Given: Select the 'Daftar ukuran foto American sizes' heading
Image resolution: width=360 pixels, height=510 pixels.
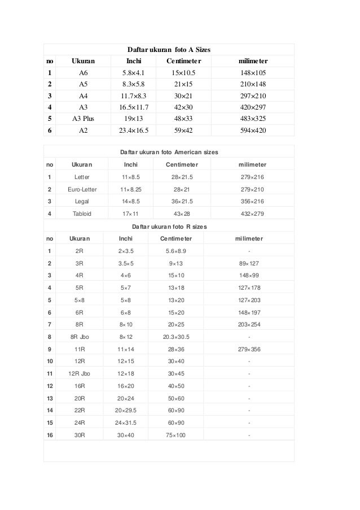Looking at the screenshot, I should click(x=169, y=152).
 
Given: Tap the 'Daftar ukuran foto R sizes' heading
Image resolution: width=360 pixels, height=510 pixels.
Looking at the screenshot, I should click(x=169, y=226).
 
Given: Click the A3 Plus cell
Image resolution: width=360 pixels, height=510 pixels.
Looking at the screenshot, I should click(x=84, y=119).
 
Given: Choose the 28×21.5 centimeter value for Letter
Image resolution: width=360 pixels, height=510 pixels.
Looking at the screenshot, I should click(x=182, y=177).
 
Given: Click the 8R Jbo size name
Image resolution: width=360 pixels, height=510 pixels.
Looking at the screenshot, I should click(x=78, y=337).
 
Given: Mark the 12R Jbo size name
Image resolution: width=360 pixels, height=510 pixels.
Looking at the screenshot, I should click(x=78, y=373).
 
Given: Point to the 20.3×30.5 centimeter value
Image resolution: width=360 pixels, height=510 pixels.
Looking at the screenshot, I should click(x=176, y=337).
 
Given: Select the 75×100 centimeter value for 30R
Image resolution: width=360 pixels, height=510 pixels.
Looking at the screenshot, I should click(x=176, y=435).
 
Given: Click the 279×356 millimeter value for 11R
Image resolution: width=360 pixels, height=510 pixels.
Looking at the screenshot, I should click(x=249, y=350).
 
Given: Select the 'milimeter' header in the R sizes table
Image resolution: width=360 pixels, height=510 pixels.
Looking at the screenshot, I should click(x=249, y=238).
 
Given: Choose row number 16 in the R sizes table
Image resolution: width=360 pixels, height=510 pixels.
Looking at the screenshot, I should click(x=50, y=435).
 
